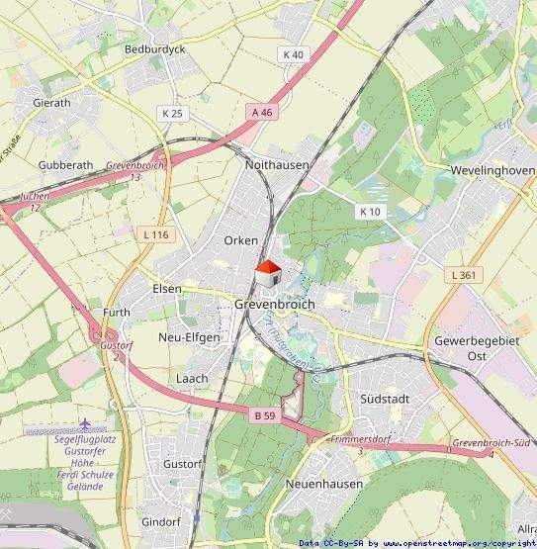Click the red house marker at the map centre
(268, 274)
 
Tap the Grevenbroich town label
(274, 305)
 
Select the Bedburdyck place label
(148, 48)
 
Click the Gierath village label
(51, 102)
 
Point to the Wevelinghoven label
(486, 170)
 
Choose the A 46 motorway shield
(261, 113)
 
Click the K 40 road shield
(293, 54)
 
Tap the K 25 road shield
(172, 114)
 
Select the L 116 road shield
(155, 234)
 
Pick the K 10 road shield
(370, 212)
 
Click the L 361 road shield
(461, 274)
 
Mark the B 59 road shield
(264, 417)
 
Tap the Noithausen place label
(277, 165)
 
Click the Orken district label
(240, 240)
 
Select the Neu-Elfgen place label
(189, 336)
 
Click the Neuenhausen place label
(319, 484)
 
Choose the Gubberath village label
(65, 165)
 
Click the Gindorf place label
(161, 521)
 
